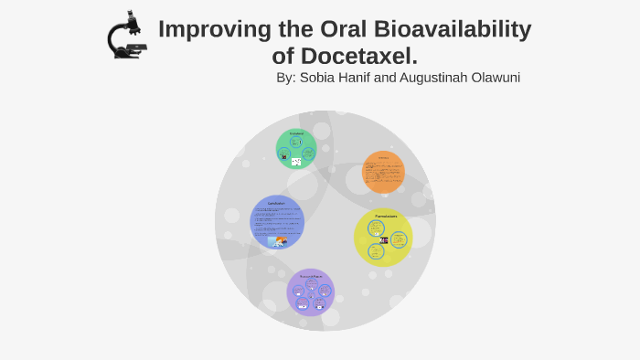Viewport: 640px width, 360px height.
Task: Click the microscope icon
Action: point(126,36)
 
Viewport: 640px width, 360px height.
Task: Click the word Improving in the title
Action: point(212,29)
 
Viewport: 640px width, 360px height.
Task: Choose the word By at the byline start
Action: point(285,78)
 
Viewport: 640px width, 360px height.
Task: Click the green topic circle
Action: point(296,149)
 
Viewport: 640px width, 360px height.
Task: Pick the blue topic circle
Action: point(276,222)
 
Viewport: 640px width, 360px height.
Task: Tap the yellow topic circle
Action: point(383,238)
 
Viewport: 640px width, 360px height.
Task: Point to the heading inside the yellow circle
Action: point(385,216)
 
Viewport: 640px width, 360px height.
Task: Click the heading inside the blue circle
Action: point(276,202)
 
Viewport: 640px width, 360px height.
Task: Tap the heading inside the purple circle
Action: point(311,275)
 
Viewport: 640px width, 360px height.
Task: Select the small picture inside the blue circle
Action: point(277,241)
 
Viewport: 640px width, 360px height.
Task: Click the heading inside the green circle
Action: point(296,133)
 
